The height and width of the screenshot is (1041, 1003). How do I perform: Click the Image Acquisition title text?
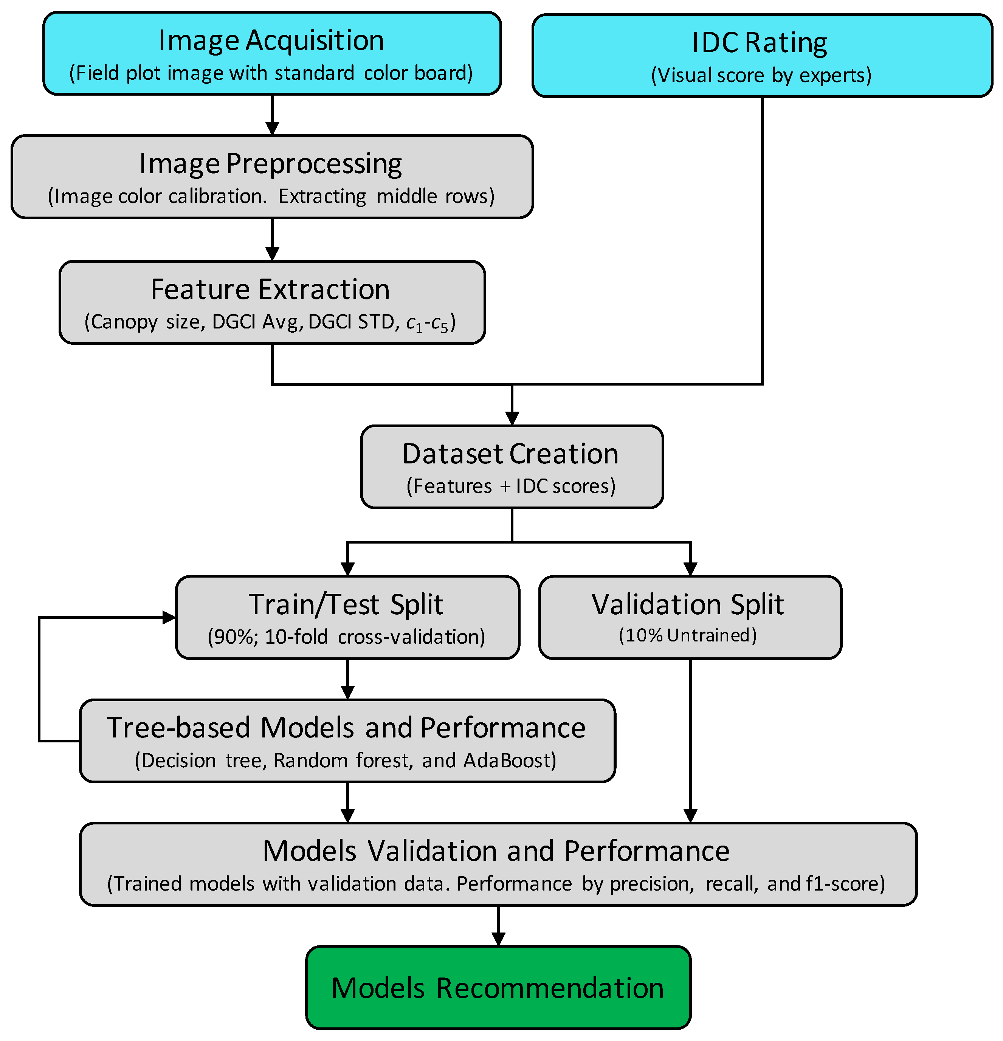[x=271, y=41]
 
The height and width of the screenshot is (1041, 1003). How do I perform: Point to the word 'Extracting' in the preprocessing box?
[x=322, y=197]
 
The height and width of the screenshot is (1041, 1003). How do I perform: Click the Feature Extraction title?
[x=270, y=290]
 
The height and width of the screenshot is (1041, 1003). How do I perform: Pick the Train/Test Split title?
[x=346, y=605]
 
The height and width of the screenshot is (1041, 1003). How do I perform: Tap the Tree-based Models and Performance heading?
[x=346, y=728]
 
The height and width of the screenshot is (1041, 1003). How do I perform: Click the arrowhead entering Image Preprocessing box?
[x=272, y=129]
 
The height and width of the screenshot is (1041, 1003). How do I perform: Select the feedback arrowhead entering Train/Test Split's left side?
[x=169, y=617]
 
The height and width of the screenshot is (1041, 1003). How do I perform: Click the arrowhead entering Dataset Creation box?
[x=512, y=418]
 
